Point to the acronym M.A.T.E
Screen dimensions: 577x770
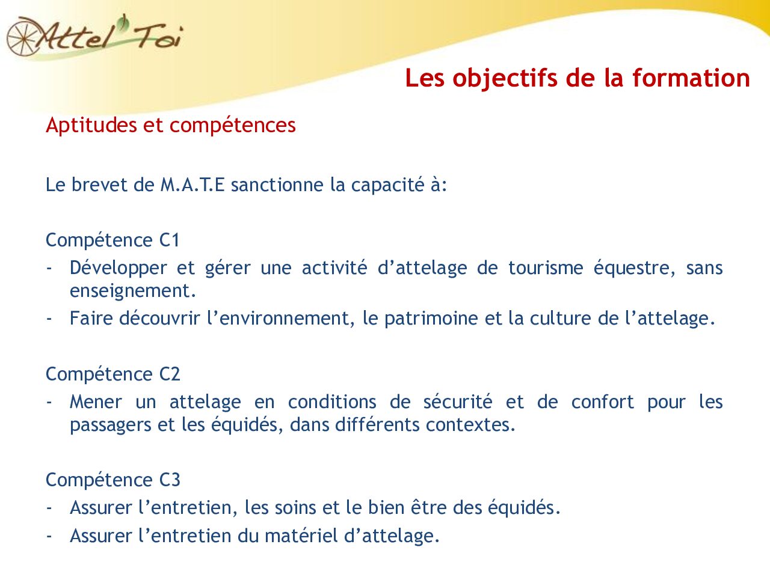pyautogui.click(x=192, y=185)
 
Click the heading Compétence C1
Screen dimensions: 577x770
pyautogui.click(x=113, y=240)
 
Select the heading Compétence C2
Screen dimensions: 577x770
pyautogui.click(x=113, y=374)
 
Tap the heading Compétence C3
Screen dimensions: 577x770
pyautogui.click(x=113, y=480)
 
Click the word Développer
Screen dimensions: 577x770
pyautogui.click(x=118, y=268)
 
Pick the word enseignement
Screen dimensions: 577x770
pyautogui.click(x=132, y=291)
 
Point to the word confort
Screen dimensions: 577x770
pyautogui.click(x=602, y=401)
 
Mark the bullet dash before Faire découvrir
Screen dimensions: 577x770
pyautogui.click(x=49, y=319)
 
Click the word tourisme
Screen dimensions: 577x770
pyautogui.click(x=545, y=268)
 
